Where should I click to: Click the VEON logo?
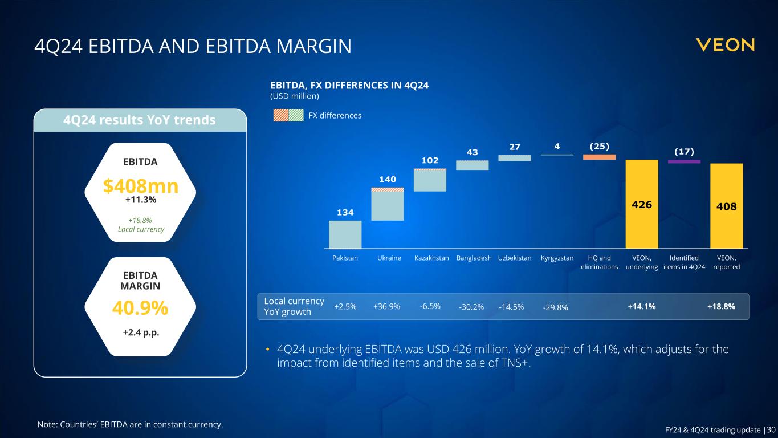[x=725, y=45]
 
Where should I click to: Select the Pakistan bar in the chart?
[x=345, y=234]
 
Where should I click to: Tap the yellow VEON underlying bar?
[x=642, y=204]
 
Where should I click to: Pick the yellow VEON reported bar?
[x=726, y=205]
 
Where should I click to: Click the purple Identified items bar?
[x=684, y=161]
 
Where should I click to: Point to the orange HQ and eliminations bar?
[x=599, y=157]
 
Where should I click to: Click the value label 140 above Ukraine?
[x=388, y=180]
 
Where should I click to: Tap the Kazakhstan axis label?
[x=431, y=258]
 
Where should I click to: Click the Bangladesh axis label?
[x=474, y=258]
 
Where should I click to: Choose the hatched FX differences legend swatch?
[x=288, y=115]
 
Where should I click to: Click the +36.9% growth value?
[x=386, y=306]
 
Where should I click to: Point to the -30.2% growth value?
[x=471, y=307]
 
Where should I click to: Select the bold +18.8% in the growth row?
[x=721, y=306]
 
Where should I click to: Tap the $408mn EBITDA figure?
[x=140, y=186]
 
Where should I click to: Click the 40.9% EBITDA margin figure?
[x=140, y=308]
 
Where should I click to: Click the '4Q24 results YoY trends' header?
[x=140, y=120]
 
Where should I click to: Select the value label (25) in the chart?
[x=599, y=147]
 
